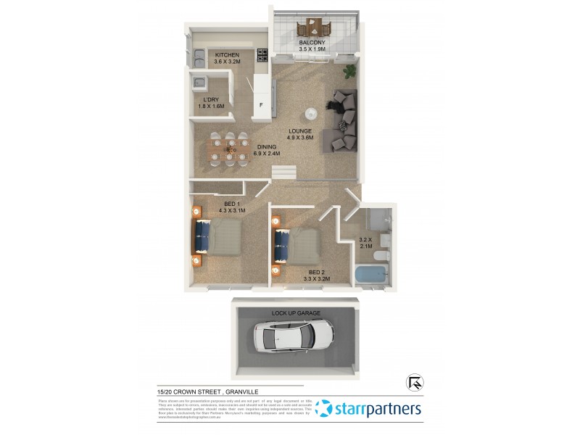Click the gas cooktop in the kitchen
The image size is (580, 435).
261,56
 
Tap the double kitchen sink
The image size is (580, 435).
199,57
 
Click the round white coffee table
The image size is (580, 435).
310,113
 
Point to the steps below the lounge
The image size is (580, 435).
284,172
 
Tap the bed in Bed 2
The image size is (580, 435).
297,247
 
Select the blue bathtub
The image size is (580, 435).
370,275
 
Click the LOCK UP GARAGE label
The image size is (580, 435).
296,312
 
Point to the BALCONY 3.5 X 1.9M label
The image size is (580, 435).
312,47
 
